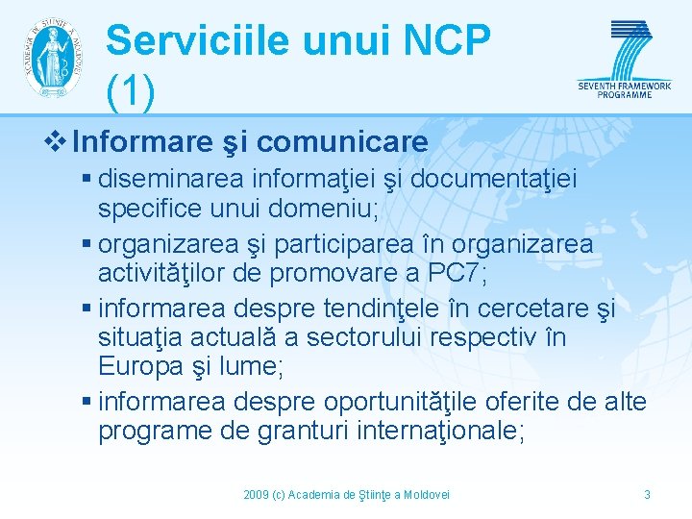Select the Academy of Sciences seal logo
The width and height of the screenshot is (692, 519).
[52, 57]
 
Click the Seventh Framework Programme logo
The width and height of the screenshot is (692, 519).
[625, 58]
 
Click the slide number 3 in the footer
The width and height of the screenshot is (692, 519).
[647, 494]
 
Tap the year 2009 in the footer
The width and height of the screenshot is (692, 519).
[256, 494]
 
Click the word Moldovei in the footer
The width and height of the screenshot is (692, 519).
[427, 494]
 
